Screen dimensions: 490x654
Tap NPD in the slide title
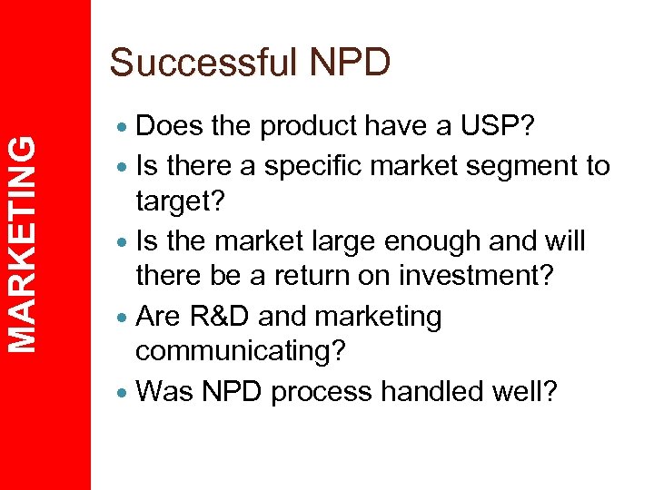[350, 63]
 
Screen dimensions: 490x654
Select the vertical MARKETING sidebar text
[29, 242]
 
